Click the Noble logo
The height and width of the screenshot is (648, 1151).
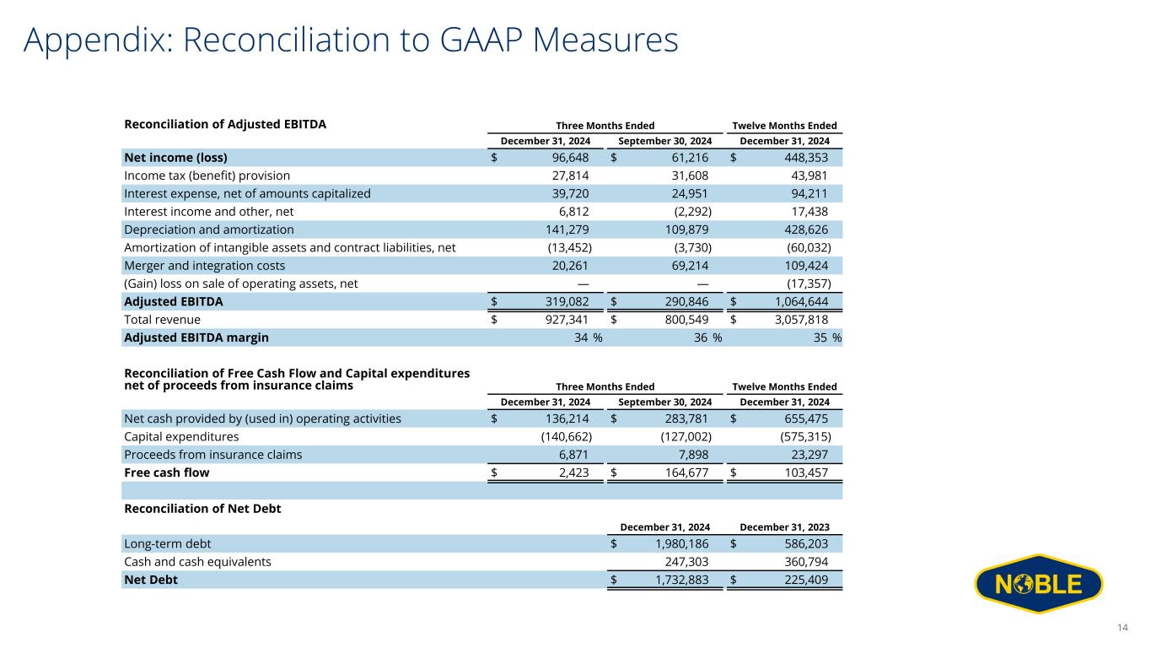1038,584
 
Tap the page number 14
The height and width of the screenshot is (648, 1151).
1122,627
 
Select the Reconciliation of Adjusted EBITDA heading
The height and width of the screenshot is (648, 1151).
225,124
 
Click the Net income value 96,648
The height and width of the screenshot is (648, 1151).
566,158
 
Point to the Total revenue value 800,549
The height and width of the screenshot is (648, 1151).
681,320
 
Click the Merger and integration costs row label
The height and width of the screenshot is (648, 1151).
202,266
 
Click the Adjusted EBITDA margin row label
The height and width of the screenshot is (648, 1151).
196,337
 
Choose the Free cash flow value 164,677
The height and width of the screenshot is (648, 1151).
681,472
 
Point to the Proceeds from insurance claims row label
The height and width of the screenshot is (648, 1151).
212,455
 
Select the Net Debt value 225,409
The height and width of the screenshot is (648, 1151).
801,580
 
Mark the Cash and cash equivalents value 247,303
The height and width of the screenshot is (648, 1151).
681,562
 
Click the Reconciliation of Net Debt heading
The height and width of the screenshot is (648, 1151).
202,509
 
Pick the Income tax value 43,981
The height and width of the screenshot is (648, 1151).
804,175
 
